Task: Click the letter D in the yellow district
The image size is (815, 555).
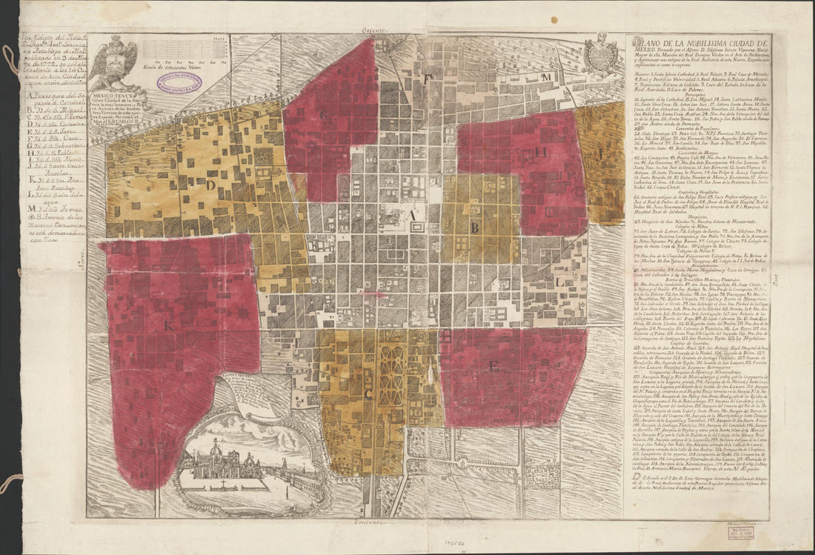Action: coord(210,184)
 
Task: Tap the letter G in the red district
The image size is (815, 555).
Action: coord(324,114)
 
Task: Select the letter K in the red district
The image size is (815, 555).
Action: coord(168,324)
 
